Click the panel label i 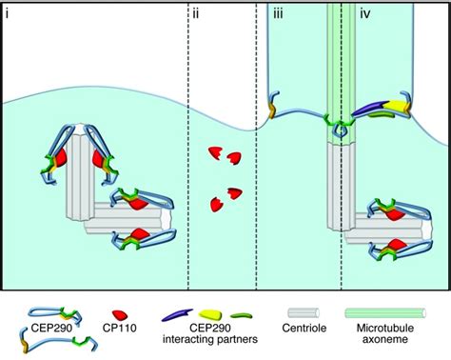pos(8,13)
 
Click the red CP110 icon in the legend pos(119,312)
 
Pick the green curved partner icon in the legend pos(248,311)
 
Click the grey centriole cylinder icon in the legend pos(306,312)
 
